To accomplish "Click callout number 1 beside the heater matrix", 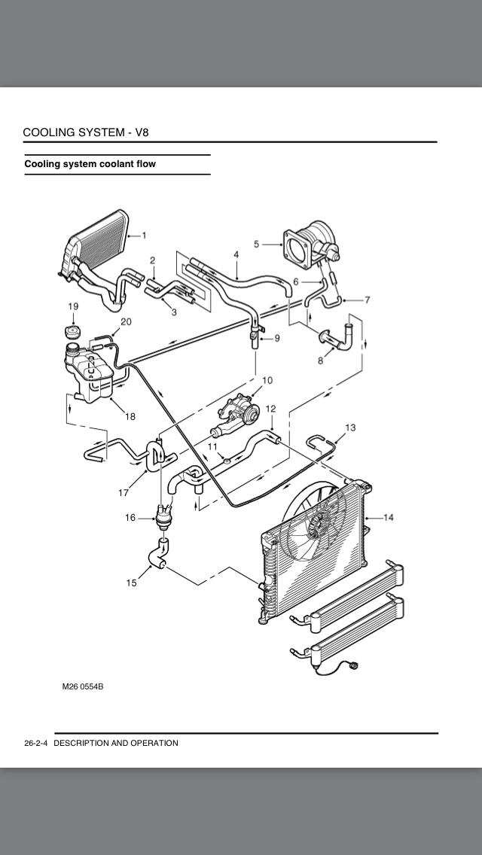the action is [144, 236].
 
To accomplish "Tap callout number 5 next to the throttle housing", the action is [257, 244].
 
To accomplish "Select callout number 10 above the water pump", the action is [267, 380].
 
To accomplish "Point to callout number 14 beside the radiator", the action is [389, 517].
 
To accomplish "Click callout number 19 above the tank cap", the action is [73, 306].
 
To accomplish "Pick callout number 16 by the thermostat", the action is [130, 518].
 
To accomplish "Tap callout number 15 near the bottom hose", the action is [132, 583].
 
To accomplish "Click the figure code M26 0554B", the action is [82, 686].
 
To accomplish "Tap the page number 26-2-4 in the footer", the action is [37, 743].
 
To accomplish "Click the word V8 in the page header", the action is [142, 132].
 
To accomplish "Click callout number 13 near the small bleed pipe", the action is [350, 427].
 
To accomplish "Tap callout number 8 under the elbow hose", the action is [320, 361].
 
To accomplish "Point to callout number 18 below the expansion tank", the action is [130, 417].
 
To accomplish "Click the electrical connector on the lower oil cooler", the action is [354, 664].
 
